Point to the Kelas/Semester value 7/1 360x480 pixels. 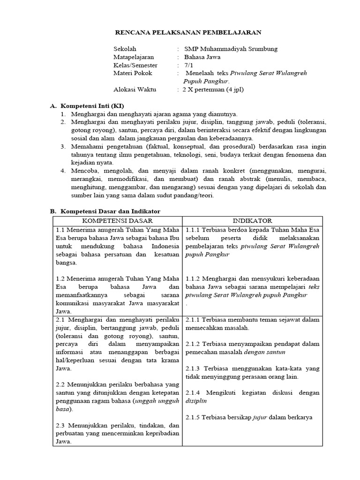pos(189,65)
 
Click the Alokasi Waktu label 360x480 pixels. pos(135,90)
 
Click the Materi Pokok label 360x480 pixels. pos(133,74)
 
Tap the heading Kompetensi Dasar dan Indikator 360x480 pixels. pos(110,212)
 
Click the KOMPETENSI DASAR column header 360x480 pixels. pos(118,221)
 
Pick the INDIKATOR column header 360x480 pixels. pos(252,221)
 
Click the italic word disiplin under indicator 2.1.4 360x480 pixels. pos(196,401)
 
